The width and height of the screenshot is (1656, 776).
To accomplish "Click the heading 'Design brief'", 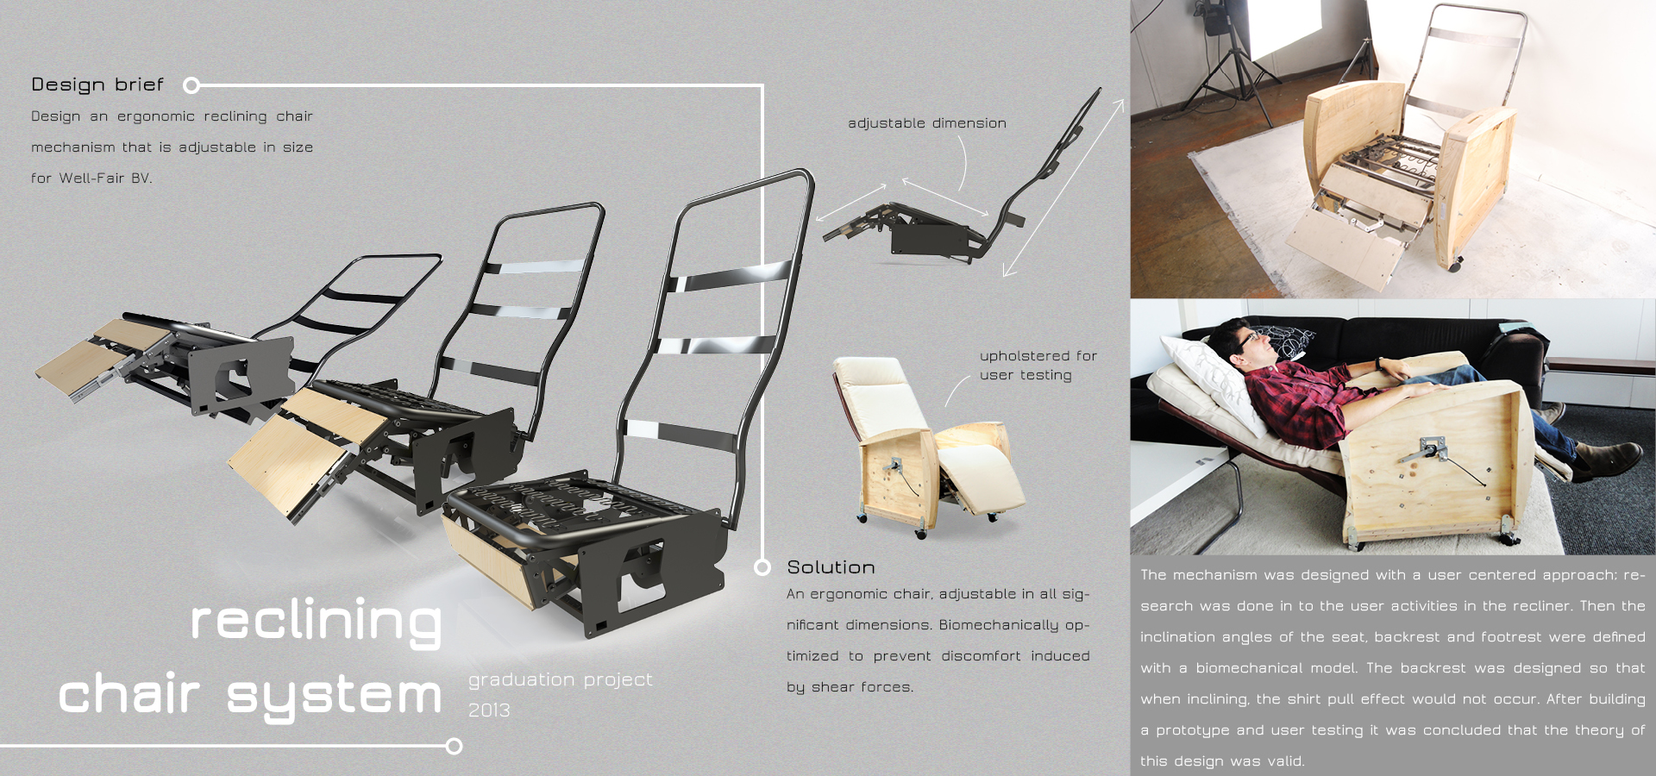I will tap(97, 84).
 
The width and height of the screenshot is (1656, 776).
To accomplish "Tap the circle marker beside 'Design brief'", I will tap(191, 84).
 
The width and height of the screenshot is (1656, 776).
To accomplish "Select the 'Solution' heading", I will tap(831, 567).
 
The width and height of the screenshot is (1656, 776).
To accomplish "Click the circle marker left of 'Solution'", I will tap(762, 566).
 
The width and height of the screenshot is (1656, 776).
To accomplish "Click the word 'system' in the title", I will tap(334, 696).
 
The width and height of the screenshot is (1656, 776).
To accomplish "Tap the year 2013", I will tap(489, 710).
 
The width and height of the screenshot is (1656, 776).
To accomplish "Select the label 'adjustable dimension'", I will tap(927, 123).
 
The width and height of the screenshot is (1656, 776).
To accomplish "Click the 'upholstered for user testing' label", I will tap(1038, 365).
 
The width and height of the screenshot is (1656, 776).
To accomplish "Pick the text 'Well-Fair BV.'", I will tap(105, 178).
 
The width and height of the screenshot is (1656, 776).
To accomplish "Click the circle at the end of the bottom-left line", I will tap(455, 746).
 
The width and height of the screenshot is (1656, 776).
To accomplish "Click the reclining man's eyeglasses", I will tap(1247, 340).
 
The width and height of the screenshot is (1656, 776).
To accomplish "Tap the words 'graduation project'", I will tap(561, 679).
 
